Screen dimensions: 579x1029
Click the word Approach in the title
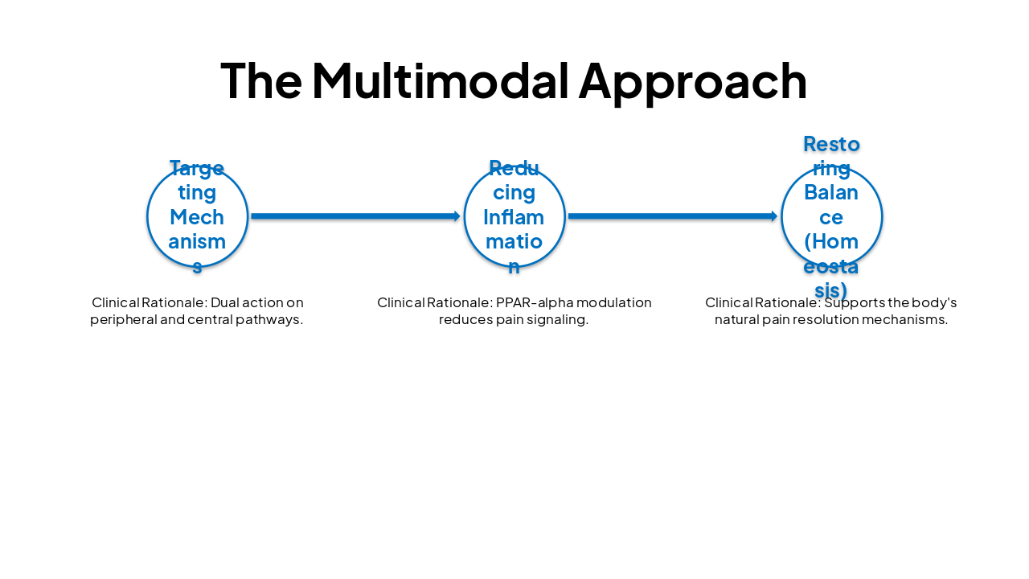692,81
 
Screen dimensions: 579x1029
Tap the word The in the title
260,81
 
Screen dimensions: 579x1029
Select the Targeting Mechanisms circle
197,216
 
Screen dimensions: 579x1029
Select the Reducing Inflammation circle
514,216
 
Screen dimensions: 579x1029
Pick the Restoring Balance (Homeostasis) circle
831,216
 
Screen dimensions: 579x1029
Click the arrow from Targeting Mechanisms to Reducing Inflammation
355,216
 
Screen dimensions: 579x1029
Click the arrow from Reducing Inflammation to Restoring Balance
672,216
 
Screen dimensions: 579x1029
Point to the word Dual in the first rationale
225,303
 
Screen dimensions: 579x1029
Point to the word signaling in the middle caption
560,320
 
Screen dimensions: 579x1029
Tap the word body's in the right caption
934,303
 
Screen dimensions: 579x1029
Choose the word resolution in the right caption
832,320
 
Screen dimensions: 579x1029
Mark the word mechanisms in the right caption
909,320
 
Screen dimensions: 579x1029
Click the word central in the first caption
208,320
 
